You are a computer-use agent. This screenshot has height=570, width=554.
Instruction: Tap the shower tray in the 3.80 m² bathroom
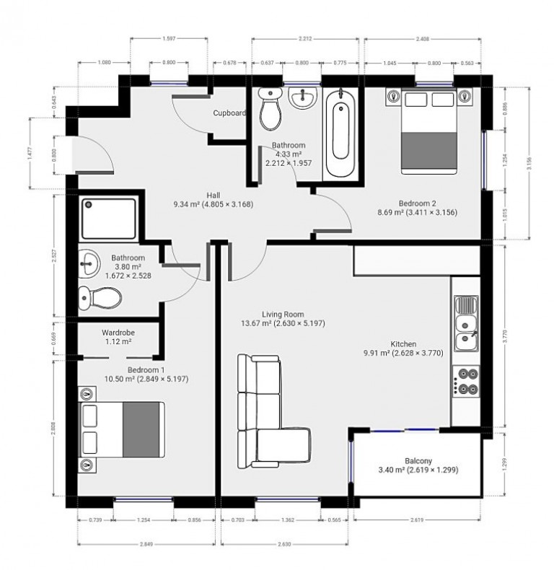(x=108, y=219)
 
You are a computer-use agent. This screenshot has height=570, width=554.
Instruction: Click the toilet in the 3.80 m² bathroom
(x=99, y=295)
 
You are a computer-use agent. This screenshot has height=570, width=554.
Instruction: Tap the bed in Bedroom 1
(x=122, y=429)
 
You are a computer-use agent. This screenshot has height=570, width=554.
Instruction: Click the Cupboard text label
(x=229, y=113)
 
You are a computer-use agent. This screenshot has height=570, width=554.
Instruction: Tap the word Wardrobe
(x=118, y=333)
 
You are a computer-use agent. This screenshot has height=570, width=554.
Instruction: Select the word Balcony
(x=418, y=461)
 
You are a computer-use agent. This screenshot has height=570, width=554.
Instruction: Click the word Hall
(x=213, y=195)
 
